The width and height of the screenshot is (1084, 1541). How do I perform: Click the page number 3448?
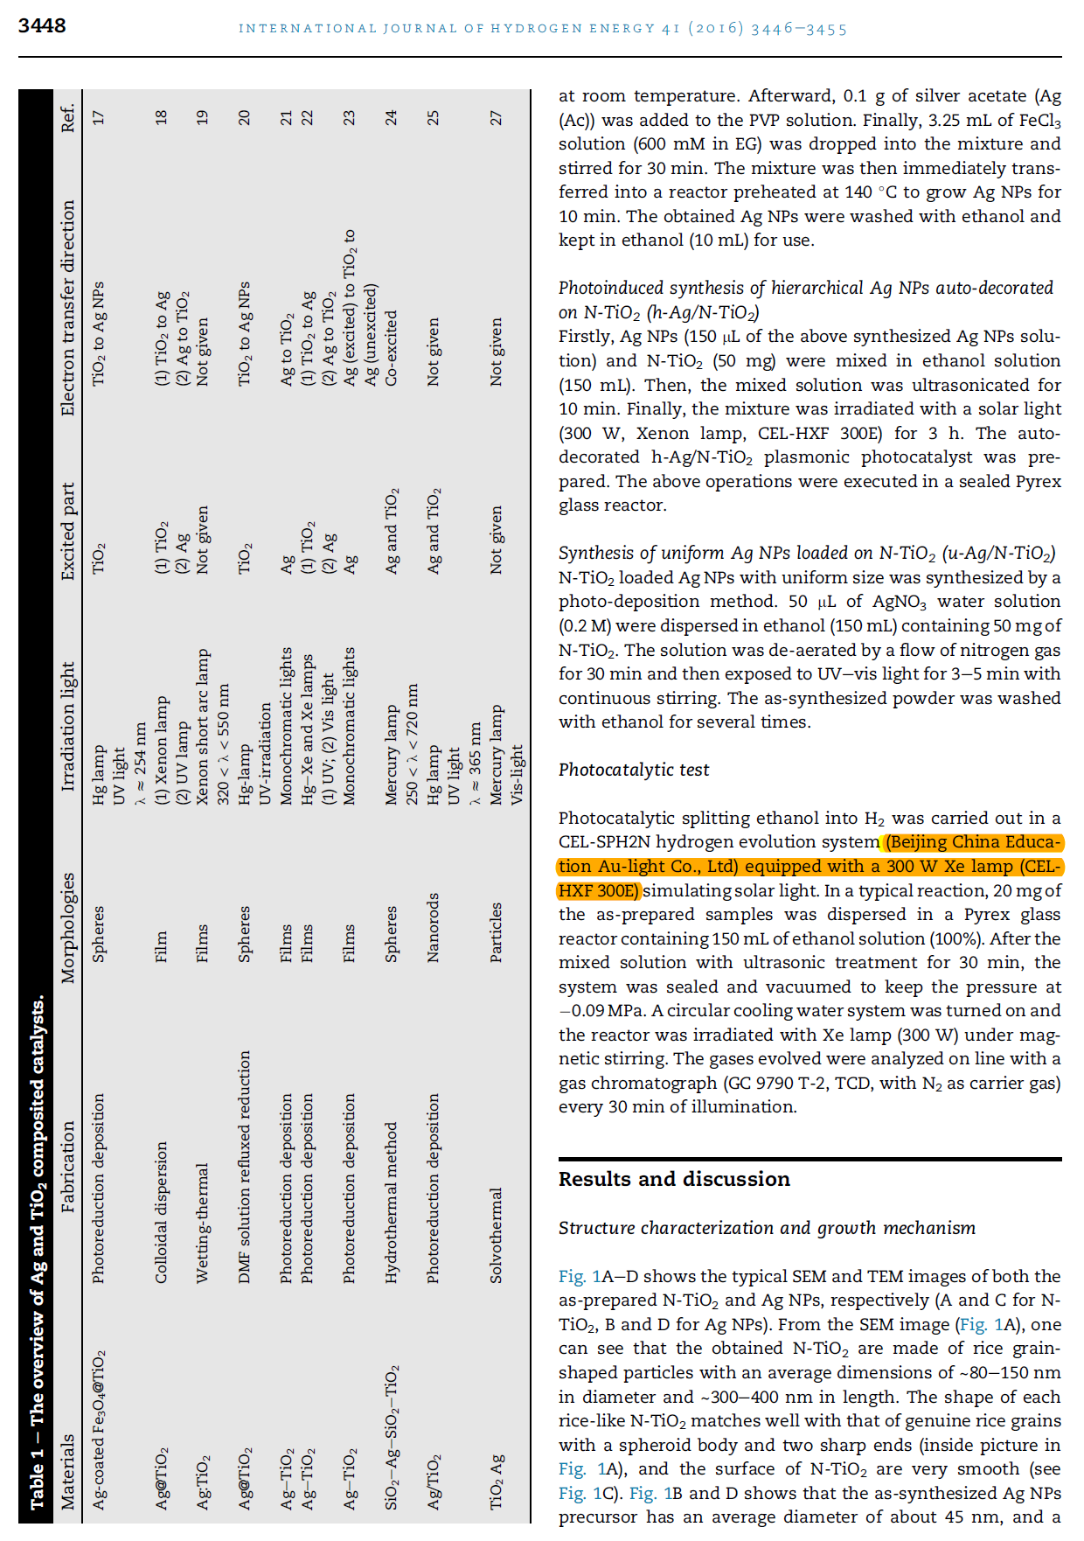pos(42,26)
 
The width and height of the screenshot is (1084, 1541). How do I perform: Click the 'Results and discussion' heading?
pos(674,1179)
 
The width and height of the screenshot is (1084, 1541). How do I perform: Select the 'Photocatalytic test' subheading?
pos(634,770)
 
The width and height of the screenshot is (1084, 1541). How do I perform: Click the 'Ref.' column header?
pos(68,117)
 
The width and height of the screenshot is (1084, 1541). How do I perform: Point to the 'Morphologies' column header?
pos(68,927)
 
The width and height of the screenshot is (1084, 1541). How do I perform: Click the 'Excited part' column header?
pos(68,531)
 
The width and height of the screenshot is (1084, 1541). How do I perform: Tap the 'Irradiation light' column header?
pos(68,726)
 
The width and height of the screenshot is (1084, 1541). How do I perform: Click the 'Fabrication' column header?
pos(68,1167)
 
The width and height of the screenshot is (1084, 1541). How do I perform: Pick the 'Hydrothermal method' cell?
pos(392,1203)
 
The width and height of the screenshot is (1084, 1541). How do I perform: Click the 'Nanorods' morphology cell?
pos(434,927)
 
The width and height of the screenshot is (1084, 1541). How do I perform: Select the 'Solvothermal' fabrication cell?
pos(497,1235)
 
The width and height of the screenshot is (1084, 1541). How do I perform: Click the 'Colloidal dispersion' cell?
pos(161,1212)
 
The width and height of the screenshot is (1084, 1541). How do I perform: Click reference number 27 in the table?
pos(497,117)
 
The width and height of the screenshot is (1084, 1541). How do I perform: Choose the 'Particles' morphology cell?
pos(497,932)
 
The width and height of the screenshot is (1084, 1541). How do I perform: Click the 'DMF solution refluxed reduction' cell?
pos(245,1167)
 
